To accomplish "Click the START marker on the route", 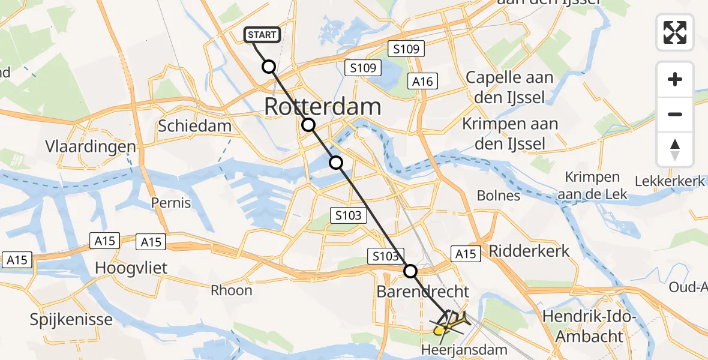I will (262, 35).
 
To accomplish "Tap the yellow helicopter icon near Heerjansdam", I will (449, 324).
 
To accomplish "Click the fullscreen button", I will (675, 32).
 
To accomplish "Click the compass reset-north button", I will (675, 149).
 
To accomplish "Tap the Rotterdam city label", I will (322, 107).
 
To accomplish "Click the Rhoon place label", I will (232, 290).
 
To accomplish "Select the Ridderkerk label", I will (529, 250).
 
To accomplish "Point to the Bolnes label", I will (498, 196).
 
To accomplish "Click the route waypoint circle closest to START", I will (269, 67).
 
